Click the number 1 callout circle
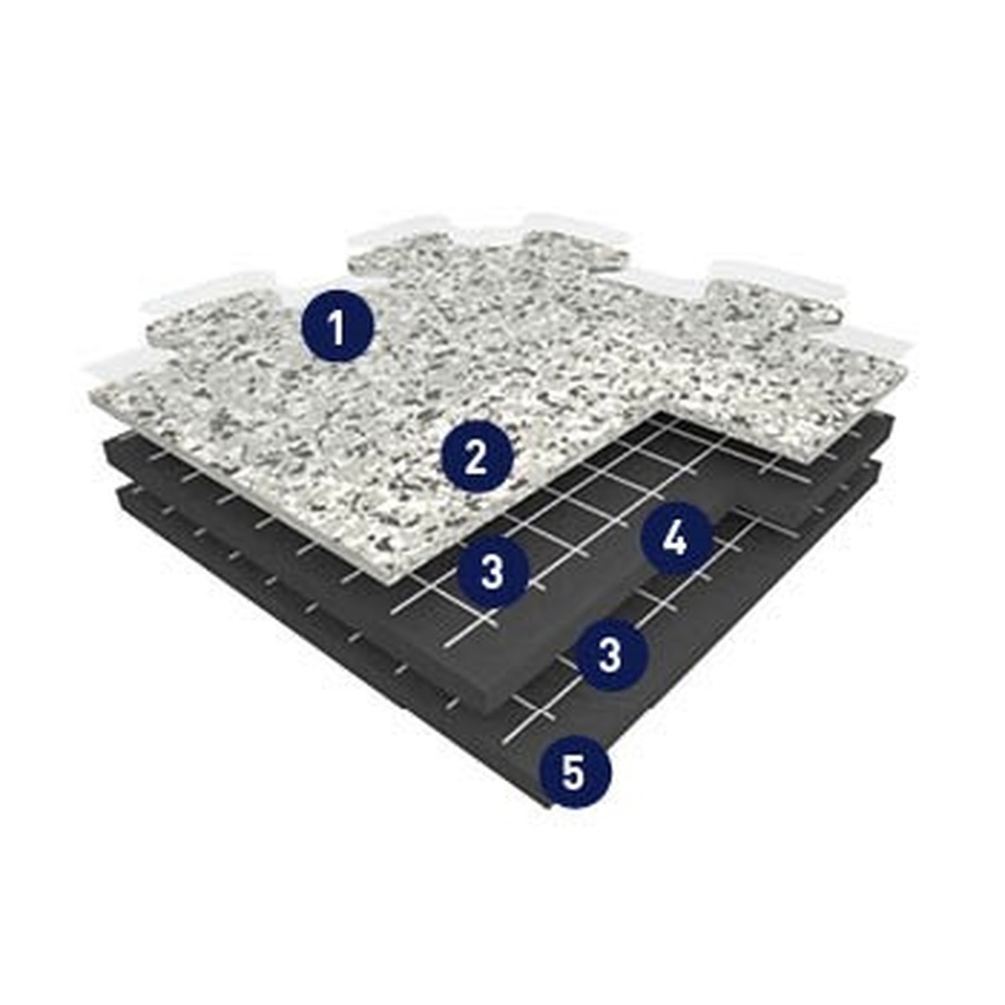pos(337,328)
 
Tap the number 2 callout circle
pos(476,457)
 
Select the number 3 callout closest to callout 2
pos(492,571)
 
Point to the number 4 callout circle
pos(675,539)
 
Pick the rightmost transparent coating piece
pos(869,344)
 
